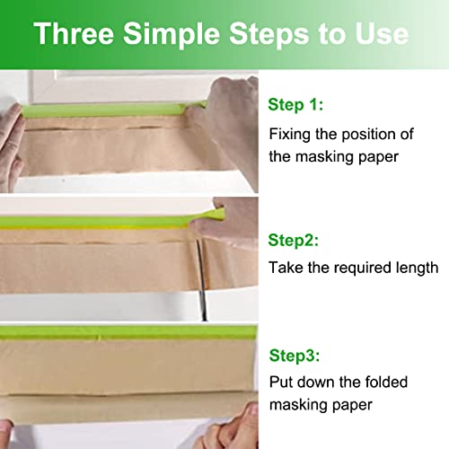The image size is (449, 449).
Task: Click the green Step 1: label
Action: tap(295, 106)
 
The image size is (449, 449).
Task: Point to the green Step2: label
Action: tap(293, 241)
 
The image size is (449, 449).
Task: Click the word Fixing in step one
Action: tap(289, 134)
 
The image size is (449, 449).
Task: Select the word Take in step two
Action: tap(286, 268)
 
